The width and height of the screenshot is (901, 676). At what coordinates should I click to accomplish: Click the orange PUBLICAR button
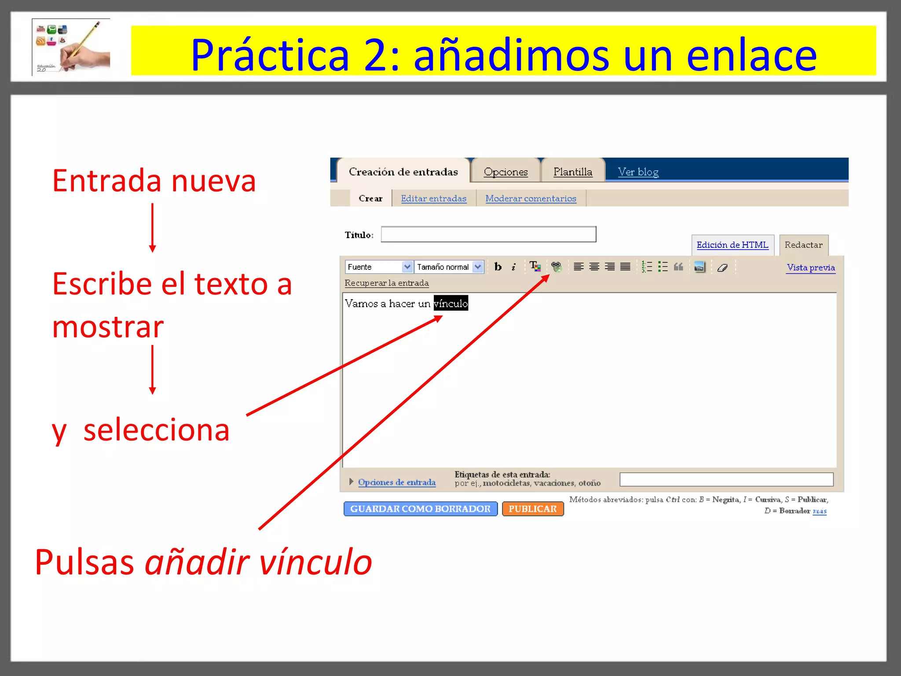(x=532, y=509)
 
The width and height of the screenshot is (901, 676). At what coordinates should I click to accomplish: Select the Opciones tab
(x=505, y=172)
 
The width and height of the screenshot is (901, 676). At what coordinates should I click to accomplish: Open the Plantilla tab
(x=572, y=172)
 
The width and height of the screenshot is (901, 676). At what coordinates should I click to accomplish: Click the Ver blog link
(x=638, y=172)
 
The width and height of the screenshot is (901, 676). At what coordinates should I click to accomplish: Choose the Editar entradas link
(x=433, y=198)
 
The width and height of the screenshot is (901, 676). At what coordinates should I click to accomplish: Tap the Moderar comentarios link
(x=531, y=198)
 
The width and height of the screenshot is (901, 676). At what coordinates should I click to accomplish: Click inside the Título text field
(x=488, y=235)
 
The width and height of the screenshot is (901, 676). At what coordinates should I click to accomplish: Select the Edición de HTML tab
(x=732, y=245)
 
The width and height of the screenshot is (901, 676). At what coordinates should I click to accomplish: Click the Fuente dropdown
(x=379, y=267)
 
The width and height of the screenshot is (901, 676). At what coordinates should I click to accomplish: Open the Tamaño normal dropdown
(x=449, y=267)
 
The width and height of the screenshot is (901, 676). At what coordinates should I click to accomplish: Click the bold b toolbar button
(x=498, y=267)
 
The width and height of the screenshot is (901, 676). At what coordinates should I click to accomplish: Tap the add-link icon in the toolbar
(x=556, y=267)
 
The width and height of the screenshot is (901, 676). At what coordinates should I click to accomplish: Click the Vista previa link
(x=810, y=268)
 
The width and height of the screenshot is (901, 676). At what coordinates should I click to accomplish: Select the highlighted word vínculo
(x=451, y=303)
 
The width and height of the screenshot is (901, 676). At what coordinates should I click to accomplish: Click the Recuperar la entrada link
(x=386, y=283)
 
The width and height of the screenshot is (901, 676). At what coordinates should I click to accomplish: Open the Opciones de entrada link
(x=396, y=482)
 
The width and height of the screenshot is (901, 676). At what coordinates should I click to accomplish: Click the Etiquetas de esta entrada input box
(x=726, y=479)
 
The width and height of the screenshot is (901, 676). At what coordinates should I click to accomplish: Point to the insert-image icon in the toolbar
(x=699, y=267)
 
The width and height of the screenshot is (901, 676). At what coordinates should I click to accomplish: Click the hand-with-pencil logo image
(x=71, y=47)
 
